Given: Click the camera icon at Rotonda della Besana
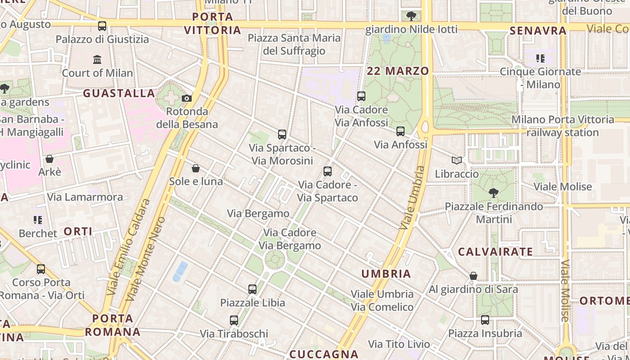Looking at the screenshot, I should [x=187, y=98].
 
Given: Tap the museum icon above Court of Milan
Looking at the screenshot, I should [x=97, y=59].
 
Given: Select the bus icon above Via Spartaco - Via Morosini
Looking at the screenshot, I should [x=282, y=134].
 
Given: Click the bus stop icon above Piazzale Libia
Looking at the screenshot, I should [x=252, y=289].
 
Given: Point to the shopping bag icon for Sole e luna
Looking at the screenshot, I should [x=196, y=168].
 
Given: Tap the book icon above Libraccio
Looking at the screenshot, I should [x=457, y=160].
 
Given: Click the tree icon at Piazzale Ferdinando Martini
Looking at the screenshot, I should [x=494, y=193].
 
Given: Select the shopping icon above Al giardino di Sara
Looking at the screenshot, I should [x=473, y=276].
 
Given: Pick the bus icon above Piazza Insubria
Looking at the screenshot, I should [x=485, y=320].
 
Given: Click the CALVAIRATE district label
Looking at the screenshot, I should [x=495, y=252].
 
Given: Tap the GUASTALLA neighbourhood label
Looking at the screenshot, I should [x=119, y=93].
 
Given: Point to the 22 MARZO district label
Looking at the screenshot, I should [x=398, y=71].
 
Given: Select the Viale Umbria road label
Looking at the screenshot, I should [x=410, y=198].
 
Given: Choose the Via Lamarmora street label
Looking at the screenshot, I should [x=85, y=197].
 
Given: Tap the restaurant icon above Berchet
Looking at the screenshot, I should [x=38, y=220].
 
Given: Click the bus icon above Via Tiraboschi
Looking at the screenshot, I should [x=234, y=320].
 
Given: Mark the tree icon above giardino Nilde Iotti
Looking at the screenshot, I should [x=411, y=17].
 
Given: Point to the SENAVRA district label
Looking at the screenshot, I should [x=538, y=31].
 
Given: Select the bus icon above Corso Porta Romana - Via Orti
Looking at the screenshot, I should [x=41, y=269].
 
